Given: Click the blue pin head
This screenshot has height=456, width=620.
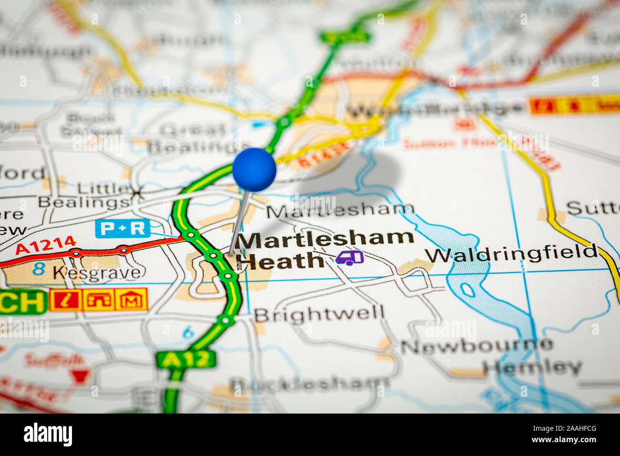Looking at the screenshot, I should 254,170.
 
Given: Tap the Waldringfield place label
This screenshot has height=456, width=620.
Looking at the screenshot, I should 511,254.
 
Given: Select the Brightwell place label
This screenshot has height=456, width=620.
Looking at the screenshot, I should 319,314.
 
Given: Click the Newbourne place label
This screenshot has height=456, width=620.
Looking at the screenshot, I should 476,345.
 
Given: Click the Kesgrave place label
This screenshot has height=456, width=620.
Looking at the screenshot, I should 97,272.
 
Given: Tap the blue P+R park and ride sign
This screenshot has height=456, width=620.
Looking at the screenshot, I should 123,228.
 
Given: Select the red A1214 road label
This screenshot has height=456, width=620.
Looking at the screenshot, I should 46,245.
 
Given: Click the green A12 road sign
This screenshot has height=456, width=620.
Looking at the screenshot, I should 186,359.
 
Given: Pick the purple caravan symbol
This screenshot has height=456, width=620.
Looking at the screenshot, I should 349,258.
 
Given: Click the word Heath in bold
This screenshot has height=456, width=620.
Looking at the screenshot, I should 280,261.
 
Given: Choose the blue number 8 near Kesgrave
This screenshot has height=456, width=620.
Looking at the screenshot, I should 39,269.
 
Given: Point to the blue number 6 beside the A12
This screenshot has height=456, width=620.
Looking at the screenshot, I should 189,332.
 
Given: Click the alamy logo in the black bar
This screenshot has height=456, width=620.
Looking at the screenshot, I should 48,435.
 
